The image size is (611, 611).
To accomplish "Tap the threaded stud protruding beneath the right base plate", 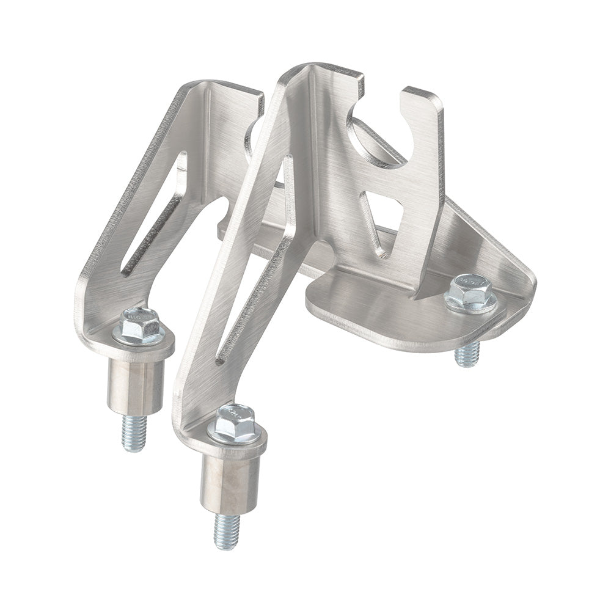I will pyautogui.click(x=467, y=353).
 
